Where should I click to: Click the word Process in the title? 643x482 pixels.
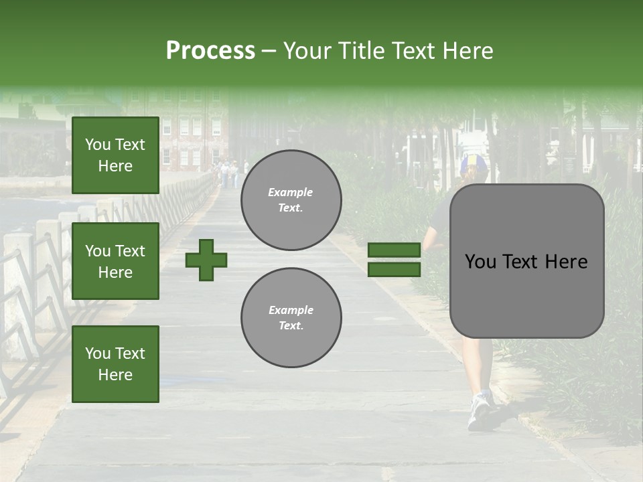click(210, 51)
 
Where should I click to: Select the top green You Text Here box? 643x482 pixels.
click(115, 155)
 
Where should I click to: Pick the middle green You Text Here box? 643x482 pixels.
click(115, 261)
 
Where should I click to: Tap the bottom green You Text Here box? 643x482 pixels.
click(115, 364)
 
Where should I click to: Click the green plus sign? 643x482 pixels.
click(206, 260)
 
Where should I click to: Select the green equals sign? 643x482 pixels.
click(395, 260)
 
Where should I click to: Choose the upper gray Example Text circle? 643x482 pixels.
click(291, 200)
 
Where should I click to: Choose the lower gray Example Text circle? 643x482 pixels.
click(291, 318)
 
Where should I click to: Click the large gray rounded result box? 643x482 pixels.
click(526, 261)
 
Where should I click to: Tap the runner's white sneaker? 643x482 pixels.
click(480, 410)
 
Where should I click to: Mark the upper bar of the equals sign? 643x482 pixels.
click(395, 250)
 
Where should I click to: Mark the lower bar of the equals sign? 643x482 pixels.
click(395, 269)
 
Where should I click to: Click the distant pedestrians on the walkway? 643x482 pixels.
click(229, 173)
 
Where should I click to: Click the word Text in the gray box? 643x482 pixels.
click(526, 262)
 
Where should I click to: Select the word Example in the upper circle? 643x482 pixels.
click(291, 192)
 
